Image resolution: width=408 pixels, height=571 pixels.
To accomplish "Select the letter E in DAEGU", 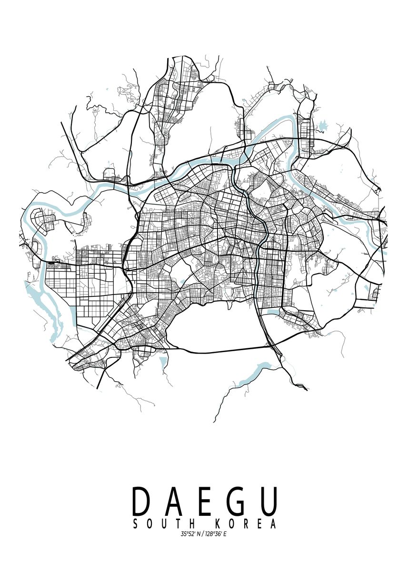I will tap(206, 501).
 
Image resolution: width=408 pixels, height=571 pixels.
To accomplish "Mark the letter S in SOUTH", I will tap(135, 524).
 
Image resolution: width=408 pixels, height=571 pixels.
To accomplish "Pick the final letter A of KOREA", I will tap(273, 524).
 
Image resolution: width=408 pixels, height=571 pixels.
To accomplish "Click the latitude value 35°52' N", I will tap(191, 534).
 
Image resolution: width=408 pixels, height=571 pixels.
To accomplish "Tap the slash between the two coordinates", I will tap(203, 534).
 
